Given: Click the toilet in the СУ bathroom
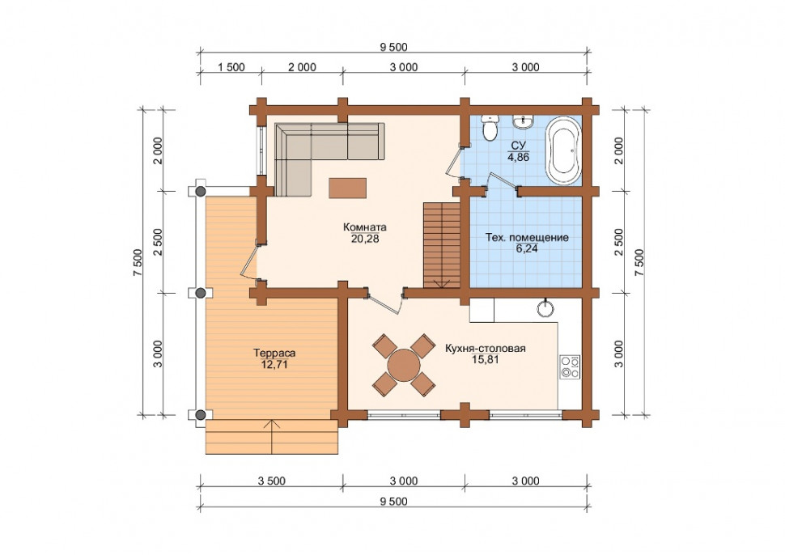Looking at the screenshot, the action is tap(489, 128).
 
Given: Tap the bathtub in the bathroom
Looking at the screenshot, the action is tap(563, 150).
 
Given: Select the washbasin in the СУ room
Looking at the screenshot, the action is tap(523, 121).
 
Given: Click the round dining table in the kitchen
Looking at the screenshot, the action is tap(404, 366).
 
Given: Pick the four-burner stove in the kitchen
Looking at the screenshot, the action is tap(570, 366).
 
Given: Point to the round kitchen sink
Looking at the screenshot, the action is tap(545, 308).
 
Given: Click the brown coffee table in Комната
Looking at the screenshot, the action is tap(347, 189).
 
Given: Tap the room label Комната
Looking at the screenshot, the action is tap(364, 227).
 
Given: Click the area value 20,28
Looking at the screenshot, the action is tap(364, 239).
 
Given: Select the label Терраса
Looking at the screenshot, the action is tap(274, 353).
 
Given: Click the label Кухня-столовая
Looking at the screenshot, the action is tap(485, 349).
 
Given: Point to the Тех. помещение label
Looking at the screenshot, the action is tap(527, 237).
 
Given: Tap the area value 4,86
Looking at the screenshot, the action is tap(518, 158).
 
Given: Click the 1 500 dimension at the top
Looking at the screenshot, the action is tap(231, 67).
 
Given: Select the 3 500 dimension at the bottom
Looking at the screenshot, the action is tap(271, 481).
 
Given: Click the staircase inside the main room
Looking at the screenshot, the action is tap(442, 244).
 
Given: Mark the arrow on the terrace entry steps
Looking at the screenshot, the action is tap(272, 436).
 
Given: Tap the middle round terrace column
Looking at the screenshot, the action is tap(200, 293).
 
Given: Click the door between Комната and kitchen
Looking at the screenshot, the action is tap(384, 302).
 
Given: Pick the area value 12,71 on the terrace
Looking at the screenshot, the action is tap(274, 365).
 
